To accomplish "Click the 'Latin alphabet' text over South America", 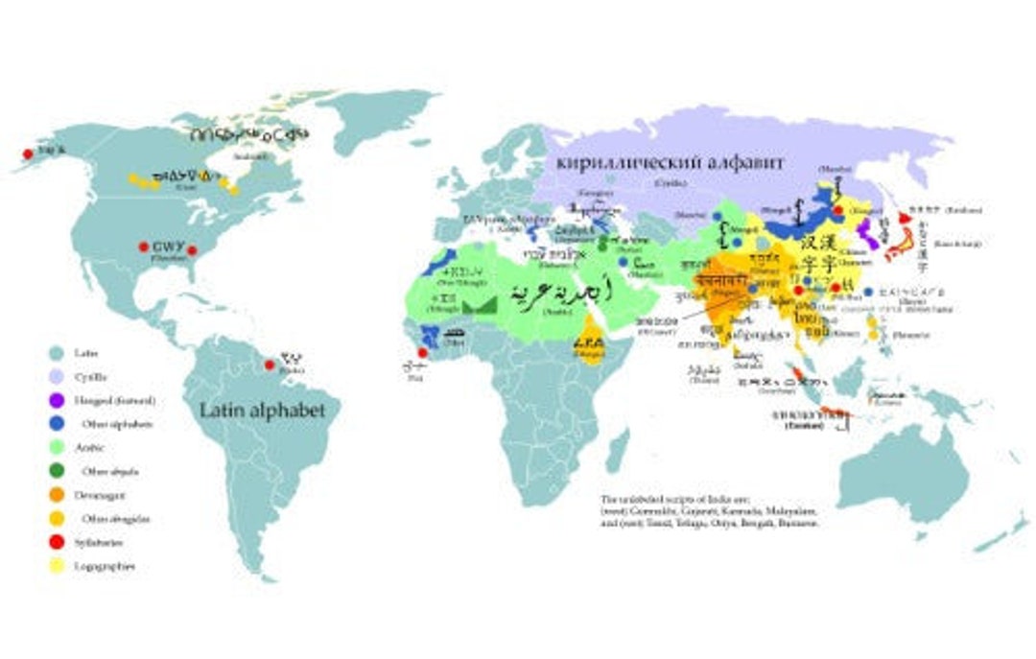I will click(262, 411).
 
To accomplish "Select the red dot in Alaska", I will click(28, 153).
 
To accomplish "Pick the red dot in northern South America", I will click(270, 364).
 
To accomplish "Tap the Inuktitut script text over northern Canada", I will click(248, 134).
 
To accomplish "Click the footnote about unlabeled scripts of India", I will click(709, 512).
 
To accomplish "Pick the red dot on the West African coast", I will click(422, 352).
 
